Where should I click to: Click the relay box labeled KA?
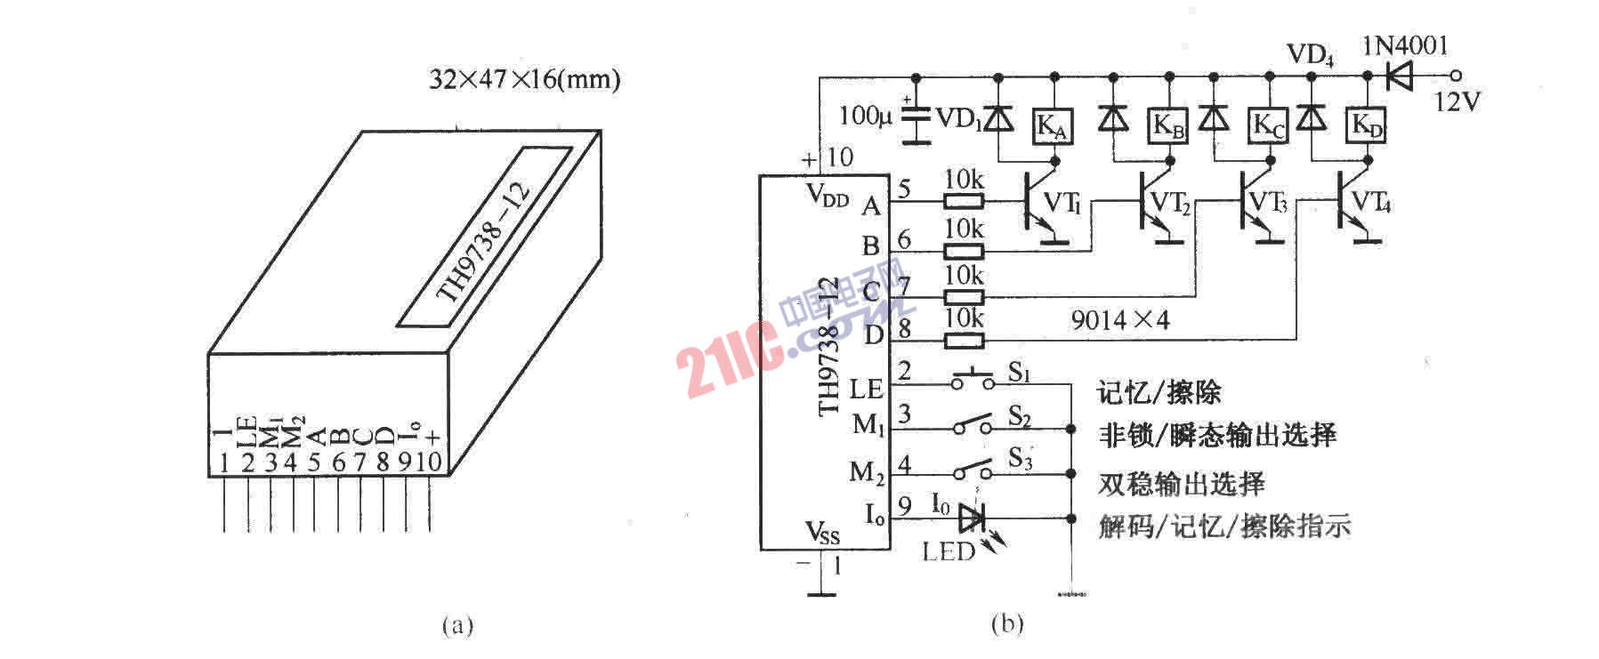click(x=1053, y=127)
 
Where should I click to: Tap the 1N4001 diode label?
click(x=1405, y=45)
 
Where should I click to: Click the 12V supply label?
click(x=1457, y=103)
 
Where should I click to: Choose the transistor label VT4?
click(x=1370, y=204)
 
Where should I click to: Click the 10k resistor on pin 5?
click(x=964, y=202)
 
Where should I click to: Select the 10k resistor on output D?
click(x=964, y=340)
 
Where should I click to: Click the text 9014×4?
click(x=1120, y=320)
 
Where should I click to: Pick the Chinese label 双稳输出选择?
click(x=1181, y=484)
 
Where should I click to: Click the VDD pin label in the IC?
click(x=827, y=197)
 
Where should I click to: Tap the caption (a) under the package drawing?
click(x=457, y=625)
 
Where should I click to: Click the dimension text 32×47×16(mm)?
click(x=524, y=80)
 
